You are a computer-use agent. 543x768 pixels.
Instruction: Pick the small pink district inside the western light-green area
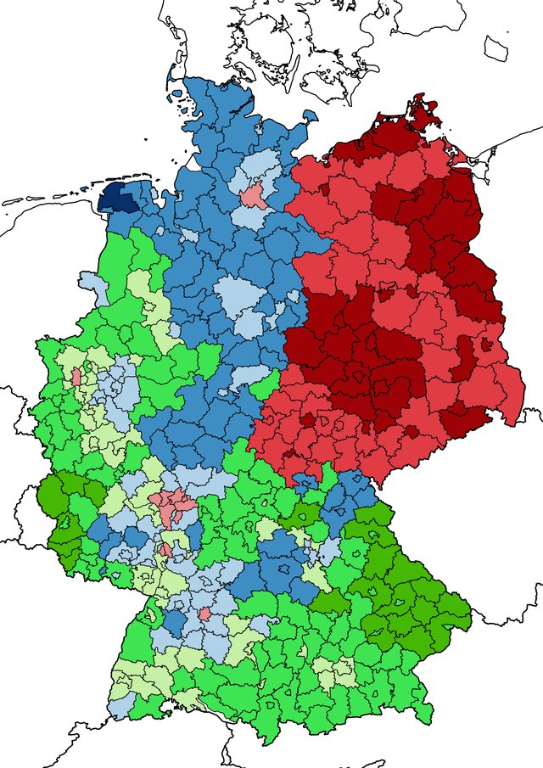point(76,375)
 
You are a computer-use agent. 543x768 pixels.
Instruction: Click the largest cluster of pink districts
point(172,507)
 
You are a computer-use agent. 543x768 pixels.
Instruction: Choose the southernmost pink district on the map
point(204,614)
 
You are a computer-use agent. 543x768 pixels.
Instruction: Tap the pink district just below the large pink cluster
point(167,549)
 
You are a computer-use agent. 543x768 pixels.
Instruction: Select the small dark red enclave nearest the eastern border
point(485,345)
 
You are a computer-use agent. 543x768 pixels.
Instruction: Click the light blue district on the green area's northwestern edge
point(92,286)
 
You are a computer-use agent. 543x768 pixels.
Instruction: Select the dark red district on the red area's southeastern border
point(466,416)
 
